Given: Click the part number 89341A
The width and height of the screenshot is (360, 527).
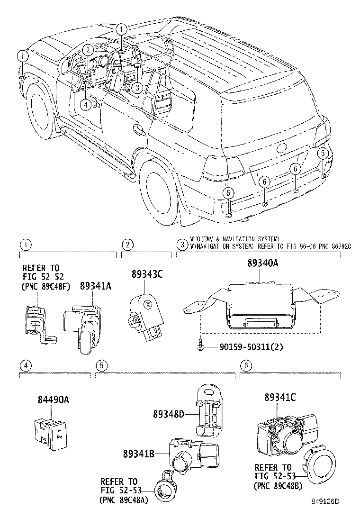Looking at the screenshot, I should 95,286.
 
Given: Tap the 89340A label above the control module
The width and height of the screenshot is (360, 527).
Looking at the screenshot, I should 262,263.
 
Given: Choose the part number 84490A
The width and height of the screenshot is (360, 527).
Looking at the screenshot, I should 54,400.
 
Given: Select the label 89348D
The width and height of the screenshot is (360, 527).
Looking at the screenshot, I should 168,414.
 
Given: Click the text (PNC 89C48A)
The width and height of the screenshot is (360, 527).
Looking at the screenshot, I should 126,500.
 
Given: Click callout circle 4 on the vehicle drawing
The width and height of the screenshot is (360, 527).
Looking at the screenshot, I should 86,105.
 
